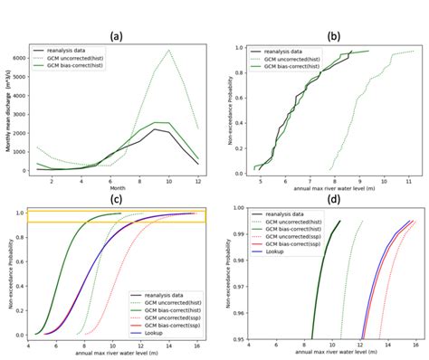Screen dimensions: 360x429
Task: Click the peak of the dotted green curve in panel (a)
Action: pos(168,51)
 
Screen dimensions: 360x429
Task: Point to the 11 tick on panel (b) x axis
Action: pos(408,183)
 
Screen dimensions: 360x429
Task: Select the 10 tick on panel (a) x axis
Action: pos(168,183)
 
